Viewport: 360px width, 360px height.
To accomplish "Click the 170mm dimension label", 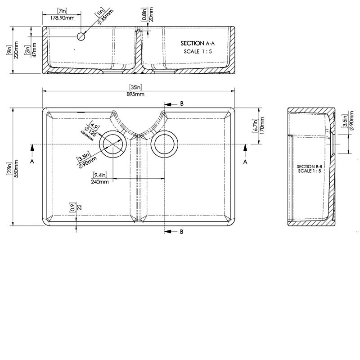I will pyautogui.click(x=261, y=127).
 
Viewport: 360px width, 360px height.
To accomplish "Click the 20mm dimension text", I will pyautogui.click(x=150, y=16).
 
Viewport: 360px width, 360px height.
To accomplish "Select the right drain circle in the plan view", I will pyautogui.click(x=164, y=144).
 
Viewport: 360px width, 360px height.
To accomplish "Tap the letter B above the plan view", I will pyautogui.click(x=182, y=103).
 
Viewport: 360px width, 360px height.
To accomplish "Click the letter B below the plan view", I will pyautogui.click(x=182, y=232).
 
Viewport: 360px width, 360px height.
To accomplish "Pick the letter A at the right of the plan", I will pyautogui.click(x=245, y=161).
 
